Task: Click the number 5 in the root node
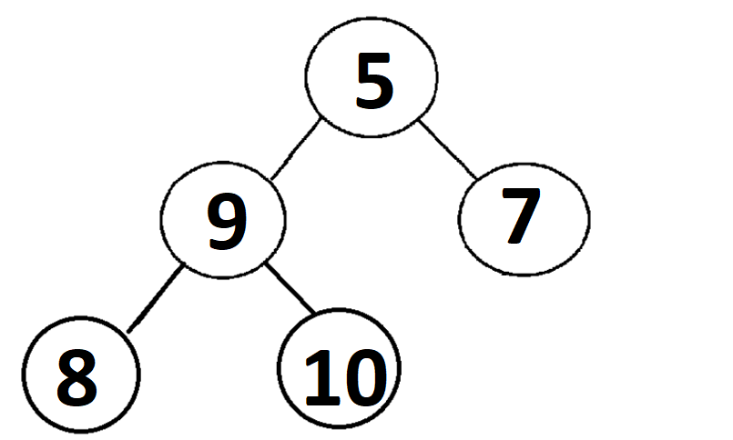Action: coord(373,82)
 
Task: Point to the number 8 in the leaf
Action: coord(76,376)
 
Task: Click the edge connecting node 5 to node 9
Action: coord(293,150)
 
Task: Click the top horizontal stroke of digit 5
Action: coord(377,60)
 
